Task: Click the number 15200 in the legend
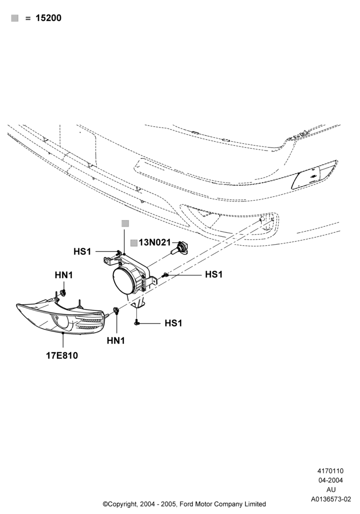point(48,18)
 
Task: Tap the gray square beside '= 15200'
point(15,18)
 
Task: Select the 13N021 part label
point(155,243)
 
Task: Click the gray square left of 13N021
point(134,243)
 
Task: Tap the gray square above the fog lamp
point(125,224)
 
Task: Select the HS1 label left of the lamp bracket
point(82,251)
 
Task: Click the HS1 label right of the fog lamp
point(214,274)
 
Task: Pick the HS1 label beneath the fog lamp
point(173,323)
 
